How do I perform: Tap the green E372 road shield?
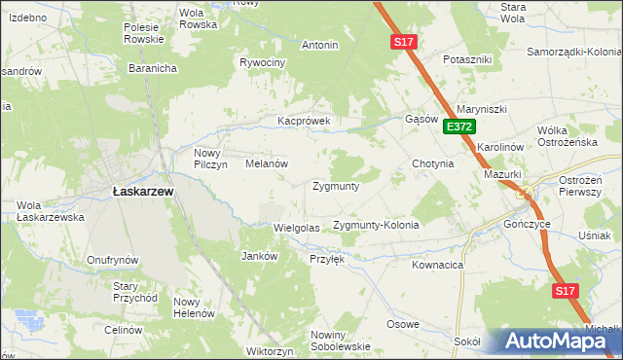(459, 126)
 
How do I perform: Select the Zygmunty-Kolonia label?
(376, 225)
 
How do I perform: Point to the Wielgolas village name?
(297, 227)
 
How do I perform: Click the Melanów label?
(266, 164)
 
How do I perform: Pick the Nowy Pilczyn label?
(210, 159)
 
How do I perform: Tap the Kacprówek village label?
(305, 122)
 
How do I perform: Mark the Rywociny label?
(262, 62)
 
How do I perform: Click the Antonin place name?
(320, 45)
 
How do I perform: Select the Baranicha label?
(152, 68)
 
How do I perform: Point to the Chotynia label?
(433, 163)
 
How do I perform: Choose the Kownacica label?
(437, 264)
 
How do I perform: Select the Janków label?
(260, 256)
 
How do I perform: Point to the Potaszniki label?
(467, 59)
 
